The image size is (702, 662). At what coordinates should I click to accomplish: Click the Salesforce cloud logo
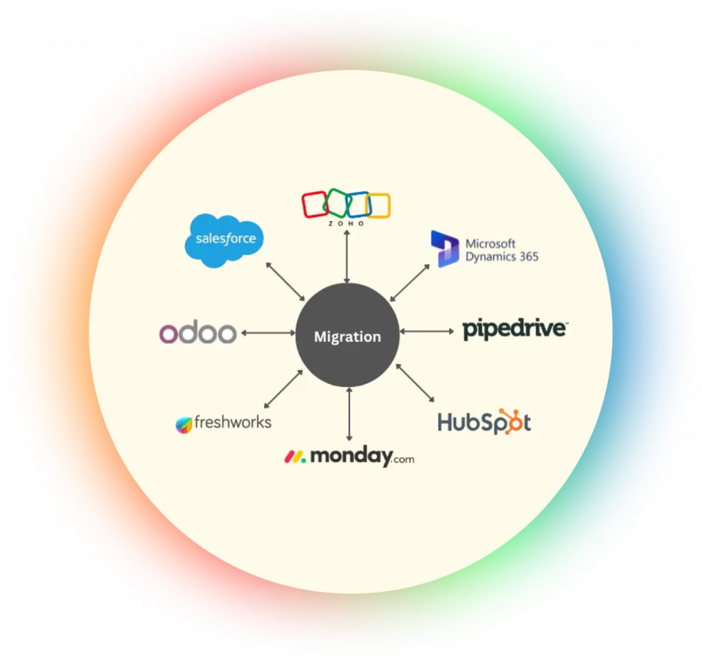point(224,239)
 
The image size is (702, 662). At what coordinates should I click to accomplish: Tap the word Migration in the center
point(347,337)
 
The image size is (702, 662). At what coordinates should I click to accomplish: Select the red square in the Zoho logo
point(316,204)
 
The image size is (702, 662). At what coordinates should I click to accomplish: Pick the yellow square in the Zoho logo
point(378,206)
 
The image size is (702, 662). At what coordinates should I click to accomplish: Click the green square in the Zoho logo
point(337,202)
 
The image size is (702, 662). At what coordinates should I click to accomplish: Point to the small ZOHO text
point(346,223)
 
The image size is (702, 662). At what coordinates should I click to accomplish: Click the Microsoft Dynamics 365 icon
point(444,249)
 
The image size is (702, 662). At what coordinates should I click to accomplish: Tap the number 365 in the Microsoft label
point(526,257)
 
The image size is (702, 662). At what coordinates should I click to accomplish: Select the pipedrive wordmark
point(514,330)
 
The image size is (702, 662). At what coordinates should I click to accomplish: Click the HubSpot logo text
point(484,421)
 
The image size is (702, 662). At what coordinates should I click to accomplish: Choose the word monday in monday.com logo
point(350,456)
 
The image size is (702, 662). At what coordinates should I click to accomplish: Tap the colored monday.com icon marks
point(295,456)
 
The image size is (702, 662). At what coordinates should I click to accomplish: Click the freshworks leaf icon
point(184,424)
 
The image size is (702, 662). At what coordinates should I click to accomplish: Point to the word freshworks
point(232,422)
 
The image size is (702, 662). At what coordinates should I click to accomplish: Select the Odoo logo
point(198,334)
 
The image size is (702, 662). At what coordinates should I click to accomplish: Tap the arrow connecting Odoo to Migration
point(268,333)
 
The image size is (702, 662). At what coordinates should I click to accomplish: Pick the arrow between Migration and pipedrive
point(426,331)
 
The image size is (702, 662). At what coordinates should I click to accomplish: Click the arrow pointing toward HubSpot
point(415,382)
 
